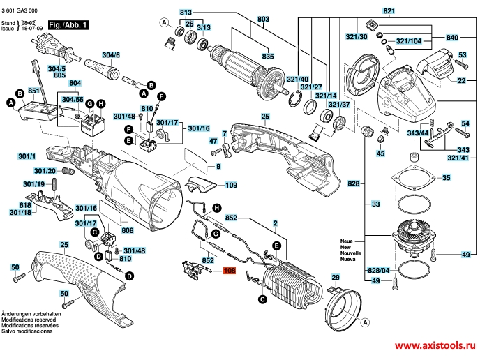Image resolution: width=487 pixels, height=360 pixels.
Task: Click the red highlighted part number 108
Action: point(230,273)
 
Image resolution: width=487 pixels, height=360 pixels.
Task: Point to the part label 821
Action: point(389,11)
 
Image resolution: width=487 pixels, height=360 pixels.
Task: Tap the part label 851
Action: point(32,91)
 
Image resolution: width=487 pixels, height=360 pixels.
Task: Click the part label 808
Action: point(127,230)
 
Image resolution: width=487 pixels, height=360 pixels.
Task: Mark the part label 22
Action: point(461,82)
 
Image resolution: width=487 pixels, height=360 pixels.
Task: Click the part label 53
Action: point(463,54)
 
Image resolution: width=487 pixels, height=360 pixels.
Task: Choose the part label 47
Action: point(214,141)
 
